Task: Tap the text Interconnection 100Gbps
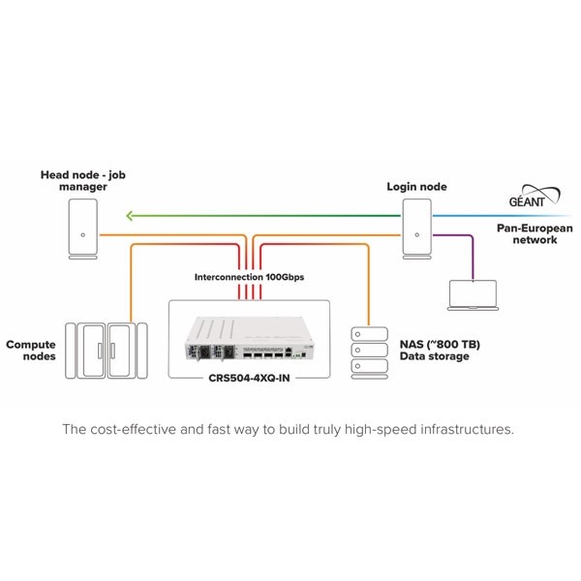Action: (x=249, y=277)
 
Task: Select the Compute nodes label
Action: (x=30, y=350)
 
